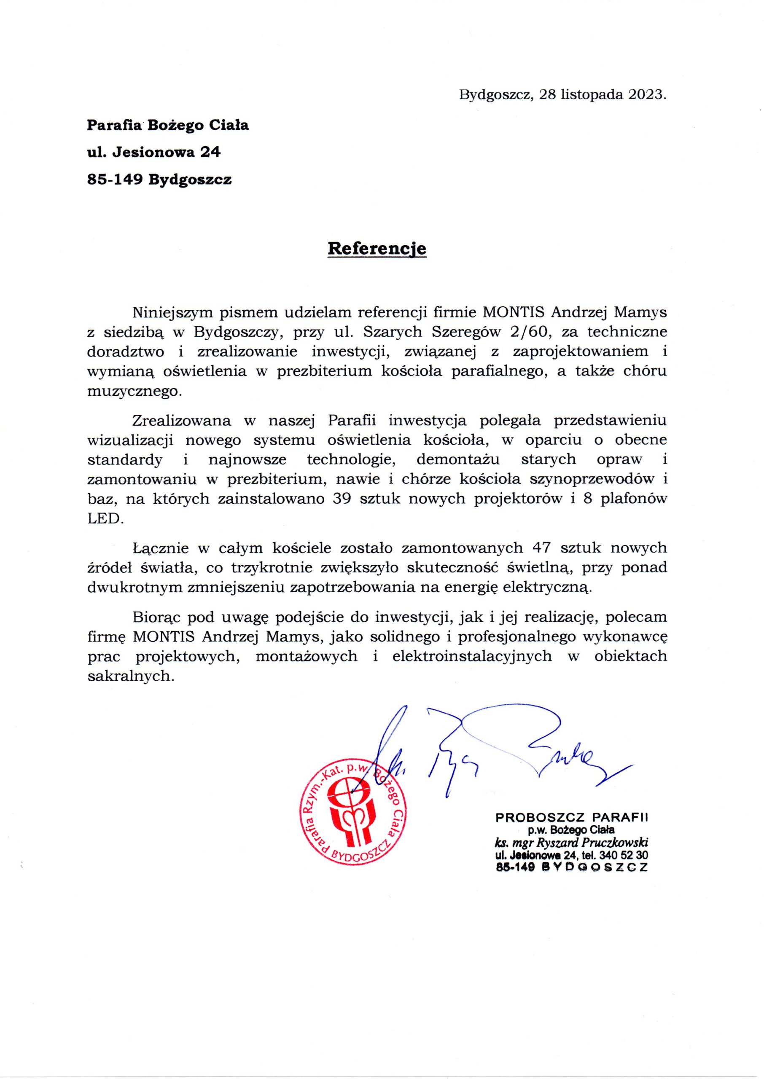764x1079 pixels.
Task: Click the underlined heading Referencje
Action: (377, 248)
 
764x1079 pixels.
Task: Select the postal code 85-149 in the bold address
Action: (115, 180)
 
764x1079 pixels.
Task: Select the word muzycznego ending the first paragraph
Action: (135, 392)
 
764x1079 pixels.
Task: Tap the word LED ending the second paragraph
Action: (105, 518)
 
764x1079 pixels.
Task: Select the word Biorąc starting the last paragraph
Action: (157, 616)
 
